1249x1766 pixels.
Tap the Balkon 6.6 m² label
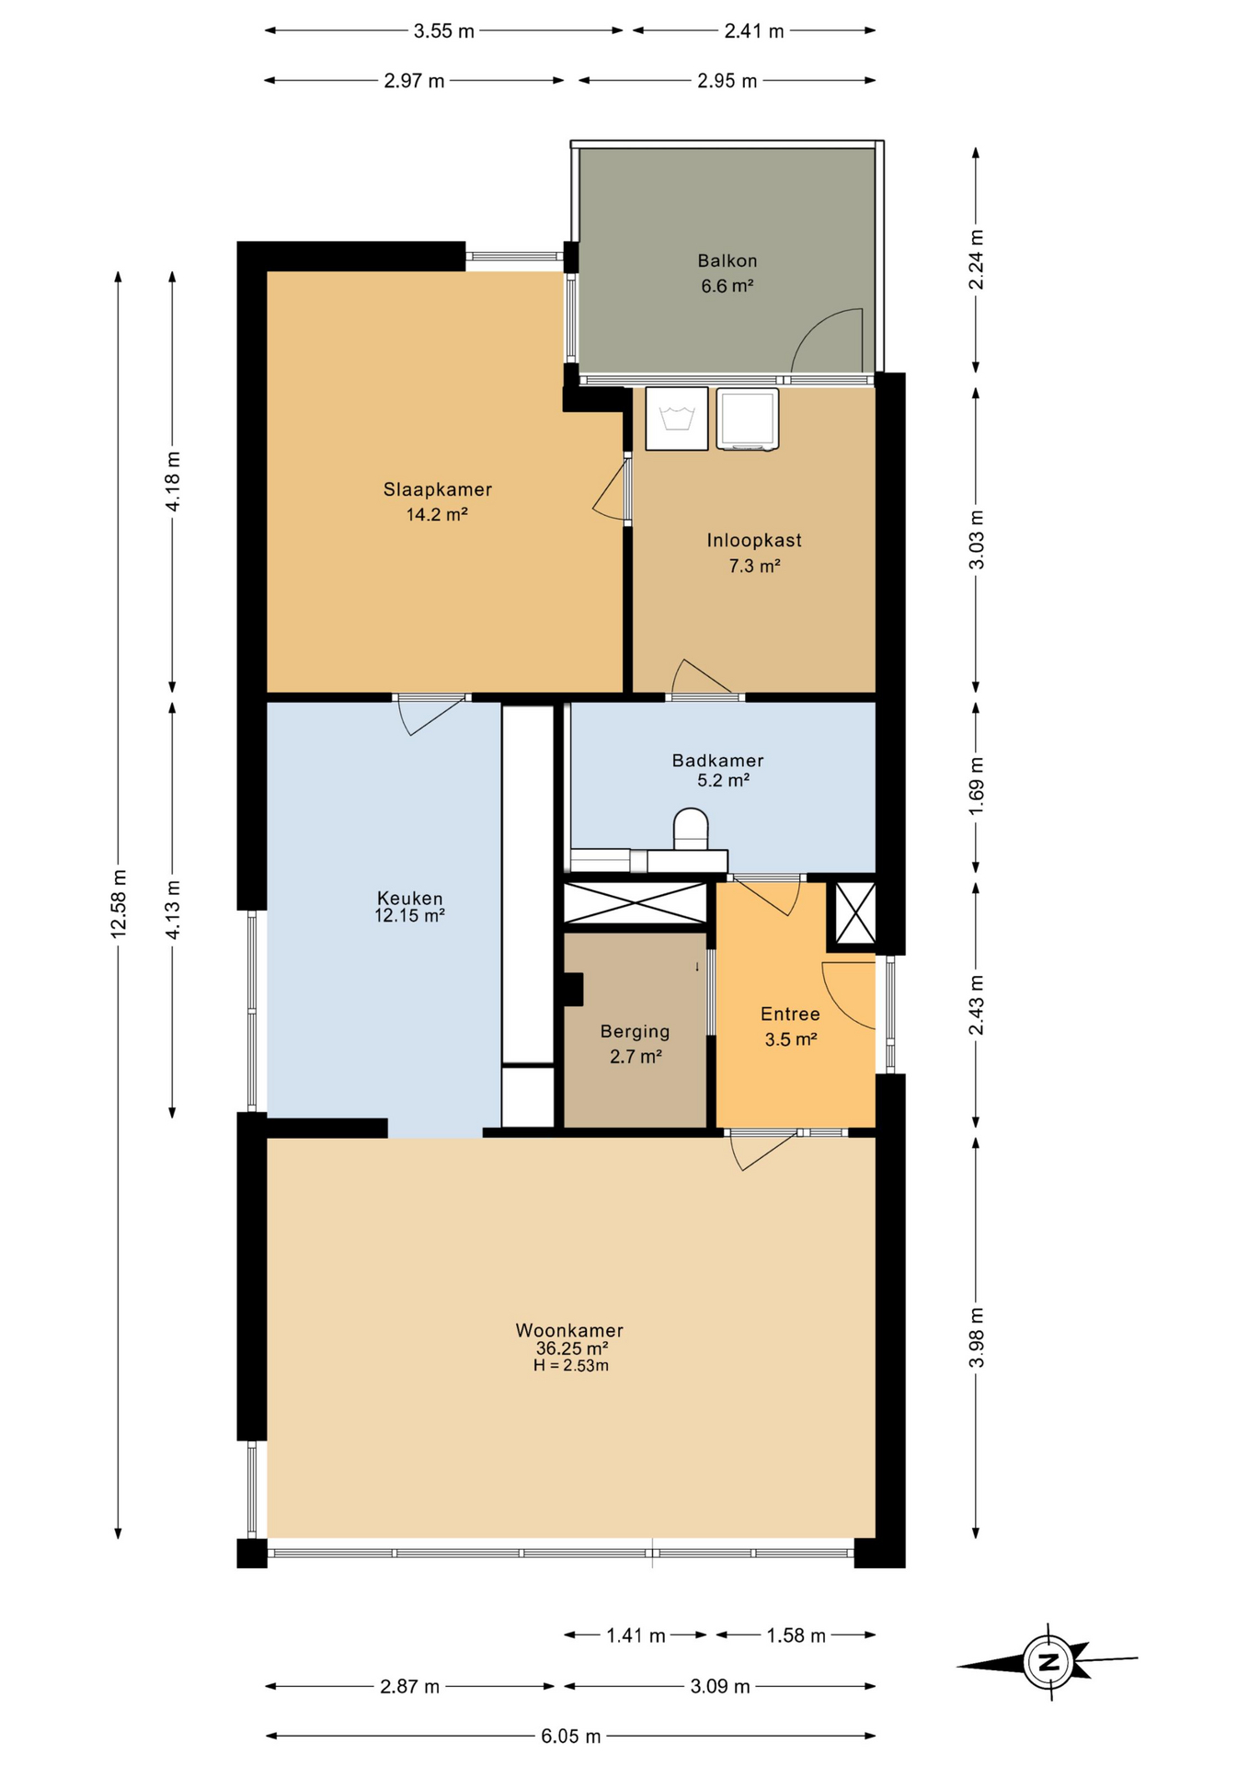(728, 273)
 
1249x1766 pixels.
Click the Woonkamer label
(570, 1330)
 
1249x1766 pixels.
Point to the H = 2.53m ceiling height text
(571, 1366)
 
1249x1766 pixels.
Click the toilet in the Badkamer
(692, 829)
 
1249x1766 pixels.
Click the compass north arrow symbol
(1048, 1662)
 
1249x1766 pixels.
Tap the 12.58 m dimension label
(119, 903)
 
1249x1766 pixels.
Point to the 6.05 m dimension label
(571, 1736)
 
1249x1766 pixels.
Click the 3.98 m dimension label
(977, 1337)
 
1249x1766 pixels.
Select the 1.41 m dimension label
(636, 1635)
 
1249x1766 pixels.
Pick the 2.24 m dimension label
(977, 260)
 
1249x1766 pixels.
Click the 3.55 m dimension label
(444, 31)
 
